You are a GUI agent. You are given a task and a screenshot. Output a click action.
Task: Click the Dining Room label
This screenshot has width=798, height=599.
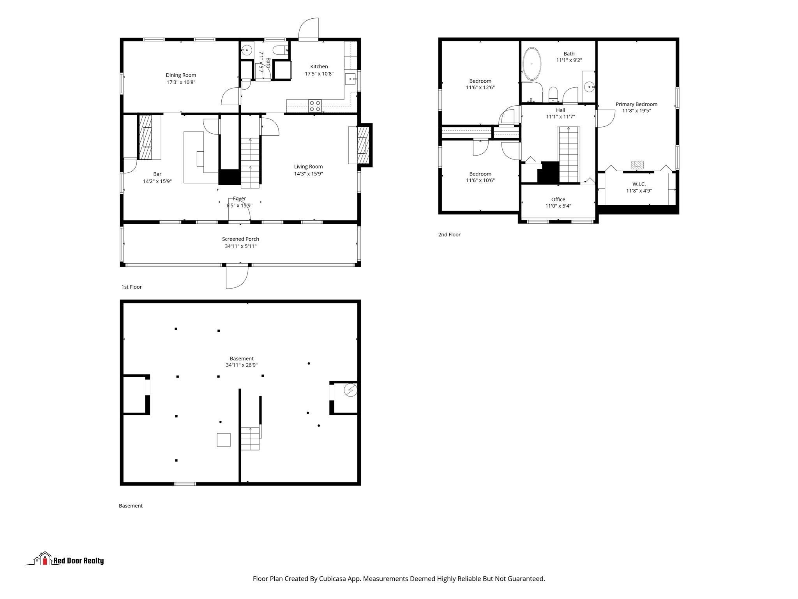click(x=181, y=75)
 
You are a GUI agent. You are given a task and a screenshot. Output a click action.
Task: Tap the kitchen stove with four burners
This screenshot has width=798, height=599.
click(x=315, y=106)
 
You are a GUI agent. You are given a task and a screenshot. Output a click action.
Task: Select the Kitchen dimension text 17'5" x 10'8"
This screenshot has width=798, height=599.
click(x=319, y=74)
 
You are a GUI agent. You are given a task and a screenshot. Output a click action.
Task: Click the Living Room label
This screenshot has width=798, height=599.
click(x=308, y=167)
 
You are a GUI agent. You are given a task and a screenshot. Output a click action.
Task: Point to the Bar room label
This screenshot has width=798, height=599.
click(x=157, y=174)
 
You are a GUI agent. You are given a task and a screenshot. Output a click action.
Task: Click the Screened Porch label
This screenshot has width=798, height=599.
click(x=240, y=239)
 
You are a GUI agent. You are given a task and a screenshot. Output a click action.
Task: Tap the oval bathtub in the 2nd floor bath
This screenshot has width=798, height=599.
click(x=532, y=64)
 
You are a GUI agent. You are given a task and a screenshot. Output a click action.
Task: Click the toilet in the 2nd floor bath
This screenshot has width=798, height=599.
click(x=553, y=94)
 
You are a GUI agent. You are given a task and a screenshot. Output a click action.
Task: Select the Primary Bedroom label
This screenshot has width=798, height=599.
click(x=636, y=104)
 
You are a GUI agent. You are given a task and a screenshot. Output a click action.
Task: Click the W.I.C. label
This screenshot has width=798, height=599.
click(x=639, y=184)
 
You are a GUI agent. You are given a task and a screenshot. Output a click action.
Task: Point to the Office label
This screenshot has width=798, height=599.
click(x=558, y=199)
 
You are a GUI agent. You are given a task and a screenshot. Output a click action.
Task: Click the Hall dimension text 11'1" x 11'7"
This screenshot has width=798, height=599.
click(x=560, y=117)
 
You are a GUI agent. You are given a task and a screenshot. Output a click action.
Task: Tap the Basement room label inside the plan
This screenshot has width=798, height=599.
click(x=242, y=358)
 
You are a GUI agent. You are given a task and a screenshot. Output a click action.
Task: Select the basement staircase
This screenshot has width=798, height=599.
click(x=250, y=439)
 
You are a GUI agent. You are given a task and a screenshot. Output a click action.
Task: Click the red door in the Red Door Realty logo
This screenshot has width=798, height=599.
click(x=45, y=561)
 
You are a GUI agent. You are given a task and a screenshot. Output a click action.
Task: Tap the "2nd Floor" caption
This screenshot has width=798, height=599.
click(x=449, y=235)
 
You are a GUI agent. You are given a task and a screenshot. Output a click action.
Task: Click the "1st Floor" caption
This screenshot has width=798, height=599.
click(x=131, y=287)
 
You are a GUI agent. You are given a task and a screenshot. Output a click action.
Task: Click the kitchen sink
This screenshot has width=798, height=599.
click(x=352, y=79)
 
